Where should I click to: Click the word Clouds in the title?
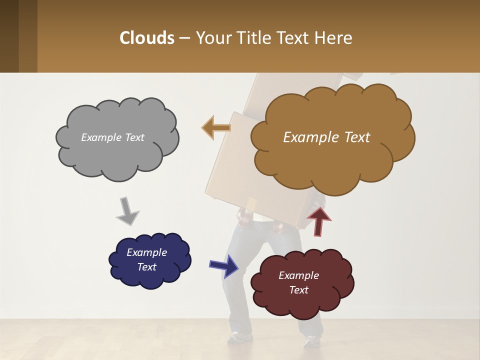pos(147,38)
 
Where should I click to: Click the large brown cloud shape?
pos(332,160)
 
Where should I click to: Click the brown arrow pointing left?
pos(216,127)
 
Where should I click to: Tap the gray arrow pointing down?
pos(127,211)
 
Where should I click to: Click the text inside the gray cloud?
pos(112,137)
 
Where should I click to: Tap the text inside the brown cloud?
pos(326,137)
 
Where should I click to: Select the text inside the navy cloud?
pos(146,259)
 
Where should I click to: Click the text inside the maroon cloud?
pos(298,282)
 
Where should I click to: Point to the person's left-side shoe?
pos(239,338)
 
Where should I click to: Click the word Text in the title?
pos(294,38)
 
